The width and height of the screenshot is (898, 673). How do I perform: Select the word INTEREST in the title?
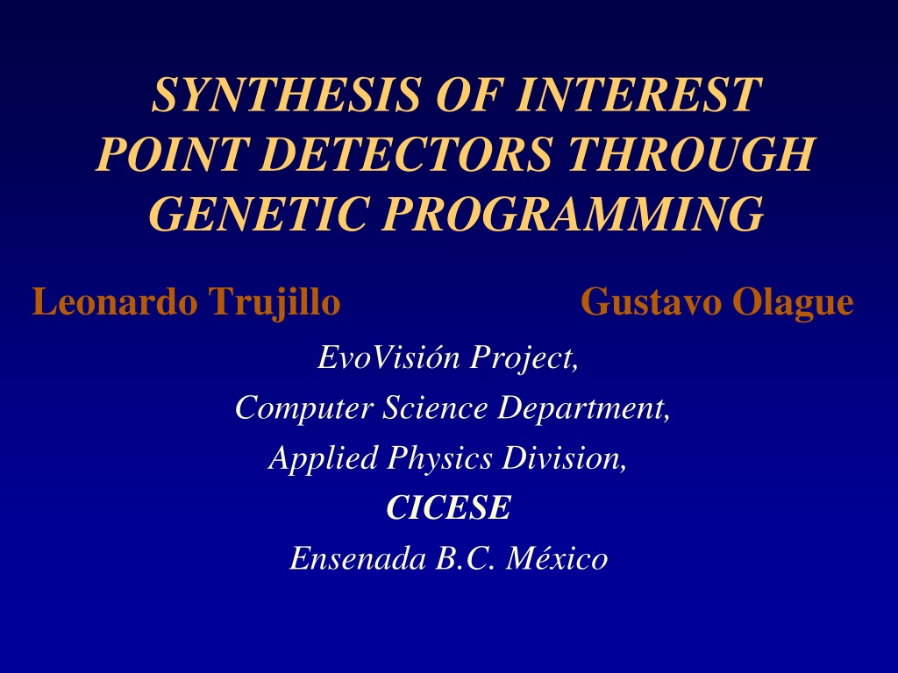[x=638, y=94]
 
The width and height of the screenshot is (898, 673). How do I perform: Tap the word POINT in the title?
[x=172, y=153]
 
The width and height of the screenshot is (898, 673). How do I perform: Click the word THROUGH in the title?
[x=690, y=153]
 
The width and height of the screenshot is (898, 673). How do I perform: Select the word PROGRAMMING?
[x=573, y=213]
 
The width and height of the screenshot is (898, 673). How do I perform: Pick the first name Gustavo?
[x=652, y=301]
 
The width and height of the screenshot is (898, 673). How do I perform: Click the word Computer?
[x=304, y=409]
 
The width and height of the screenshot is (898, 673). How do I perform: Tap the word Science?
[x=435, y=407]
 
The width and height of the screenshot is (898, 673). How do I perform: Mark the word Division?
[x=564, y=458]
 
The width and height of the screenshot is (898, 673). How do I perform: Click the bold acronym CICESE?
[x=448, y=507]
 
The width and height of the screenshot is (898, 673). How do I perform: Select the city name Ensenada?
[x=358, y=558]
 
